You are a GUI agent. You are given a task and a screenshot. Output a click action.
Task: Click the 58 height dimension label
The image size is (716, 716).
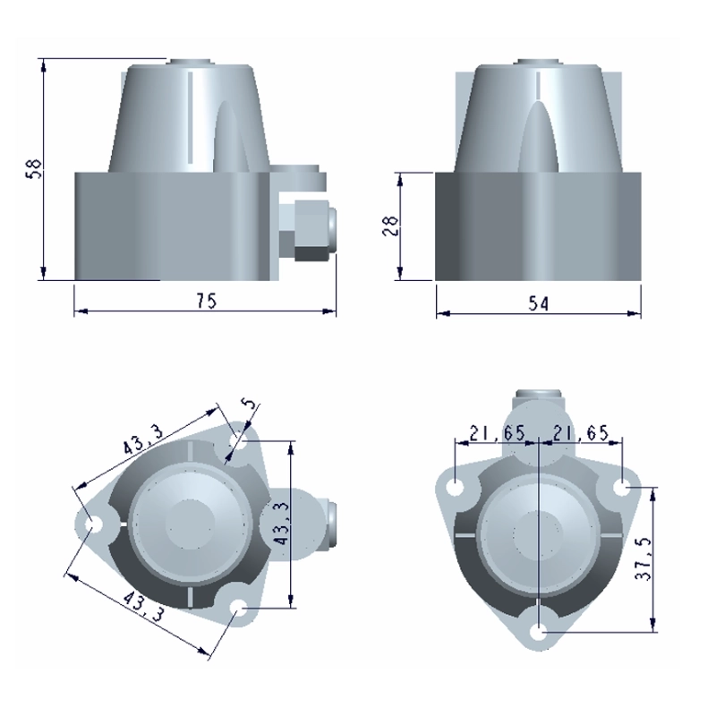click(36, 168)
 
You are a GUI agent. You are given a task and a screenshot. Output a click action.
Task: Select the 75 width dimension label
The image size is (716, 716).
click(207, 301)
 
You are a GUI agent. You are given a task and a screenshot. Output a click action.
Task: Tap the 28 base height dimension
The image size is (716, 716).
click(390, 226)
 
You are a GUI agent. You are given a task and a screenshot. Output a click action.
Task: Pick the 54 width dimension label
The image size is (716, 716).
click(540, 303)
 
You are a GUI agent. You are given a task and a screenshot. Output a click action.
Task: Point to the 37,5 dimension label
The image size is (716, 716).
click(644, 558)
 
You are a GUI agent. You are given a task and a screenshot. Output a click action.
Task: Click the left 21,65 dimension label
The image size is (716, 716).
click(497, 432)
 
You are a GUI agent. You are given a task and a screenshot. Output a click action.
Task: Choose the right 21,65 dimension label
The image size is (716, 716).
click(581, 432)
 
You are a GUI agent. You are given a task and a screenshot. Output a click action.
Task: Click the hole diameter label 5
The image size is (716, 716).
click(251, 404)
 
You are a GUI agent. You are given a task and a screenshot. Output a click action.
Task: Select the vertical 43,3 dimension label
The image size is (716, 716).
click(283, 523)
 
